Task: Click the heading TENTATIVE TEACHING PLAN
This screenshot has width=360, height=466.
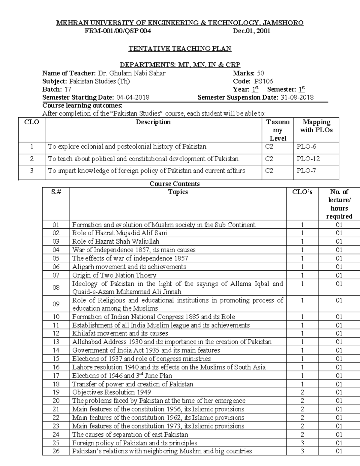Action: click(180, 49)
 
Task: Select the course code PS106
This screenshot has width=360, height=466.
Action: click(263, 81)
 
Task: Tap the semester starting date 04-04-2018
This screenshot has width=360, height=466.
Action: click(133, 98)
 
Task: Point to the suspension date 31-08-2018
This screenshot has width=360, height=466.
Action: click(297, 98)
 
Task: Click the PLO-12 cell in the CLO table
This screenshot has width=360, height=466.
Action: click(308, 159)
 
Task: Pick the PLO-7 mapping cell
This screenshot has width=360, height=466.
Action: click(306, 171)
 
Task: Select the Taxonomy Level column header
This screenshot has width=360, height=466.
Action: click(277, 130)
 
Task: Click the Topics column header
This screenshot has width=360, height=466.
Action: click(178, 192)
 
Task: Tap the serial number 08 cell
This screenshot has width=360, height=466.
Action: click(56, 287)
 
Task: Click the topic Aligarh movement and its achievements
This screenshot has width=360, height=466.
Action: click(129, 267)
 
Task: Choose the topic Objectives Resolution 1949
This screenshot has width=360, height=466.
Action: click(112, 392)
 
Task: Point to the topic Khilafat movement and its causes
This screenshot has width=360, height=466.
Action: click(120, 333)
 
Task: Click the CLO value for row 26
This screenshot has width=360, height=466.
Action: click(302, 451)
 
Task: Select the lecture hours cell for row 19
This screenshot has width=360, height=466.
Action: click(339, 392)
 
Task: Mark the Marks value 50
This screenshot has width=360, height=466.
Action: click(260, 73)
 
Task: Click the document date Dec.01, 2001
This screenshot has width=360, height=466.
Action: click(251, 31)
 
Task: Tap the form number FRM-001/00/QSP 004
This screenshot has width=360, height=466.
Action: click(118, 31)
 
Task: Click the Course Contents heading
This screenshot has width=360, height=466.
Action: click(175, 184)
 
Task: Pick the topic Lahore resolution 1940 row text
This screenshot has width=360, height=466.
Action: click(169, 367)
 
